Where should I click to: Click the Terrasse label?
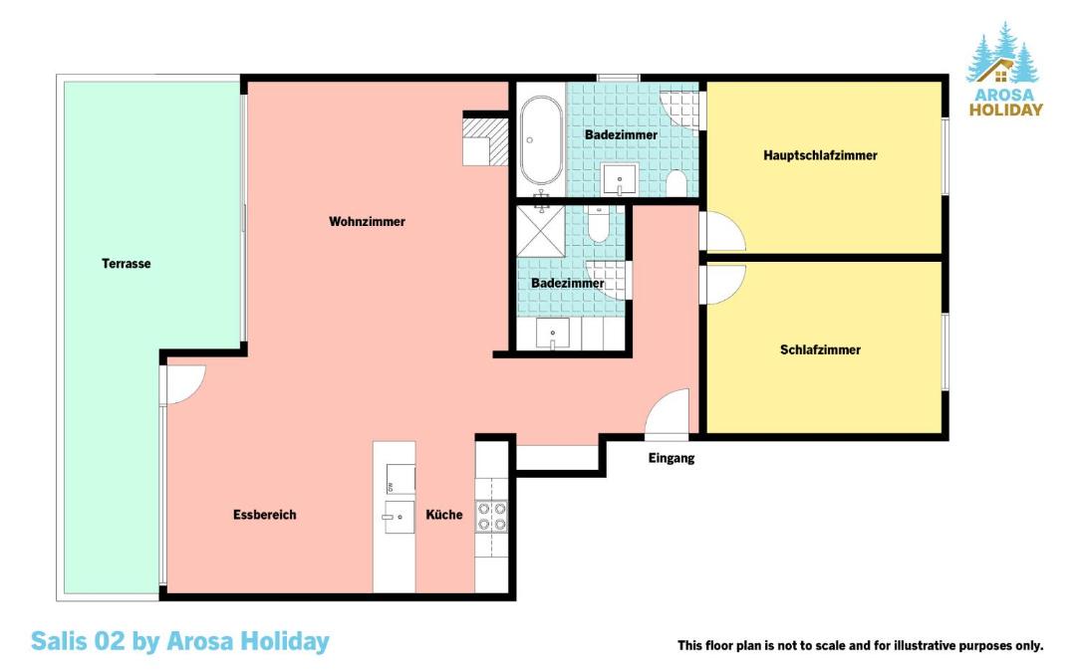pyautogui.click(x=127, y=263)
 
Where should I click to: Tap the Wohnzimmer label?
pyautogui.click(x=367, y=221)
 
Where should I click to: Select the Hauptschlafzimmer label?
pyautogui.click(x=820, y=155)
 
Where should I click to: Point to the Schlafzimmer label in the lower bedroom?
pyautogui.click(x=820, y=349)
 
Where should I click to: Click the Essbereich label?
pyautogui.click(x=265, y=515)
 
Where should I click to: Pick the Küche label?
pyautogui.click(x=444, y=515)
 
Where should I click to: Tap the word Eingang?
pyautogui.click(x=672, y=458)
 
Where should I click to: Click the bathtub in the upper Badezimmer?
pyautogui.click(x=541, y=140)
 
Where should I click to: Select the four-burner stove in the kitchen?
pyautogui.click(x=492, y=517)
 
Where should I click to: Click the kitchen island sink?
pyautogui.click(x=399, y=517)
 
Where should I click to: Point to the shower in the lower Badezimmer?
pyautogui.click(x=541, y=231)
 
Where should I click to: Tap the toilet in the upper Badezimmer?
pyautogui.click(x=676, y=183)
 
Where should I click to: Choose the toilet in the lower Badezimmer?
pyautogui.click(x=599, y=224)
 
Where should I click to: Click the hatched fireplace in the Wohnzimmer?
pyautogui.click(x=485, y=142)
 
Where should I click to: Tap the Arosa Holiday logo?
pyautogui.click(x=1005, y=70)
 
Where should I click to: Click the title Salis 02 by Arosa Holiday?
pyautogui.click(x=180, y=642)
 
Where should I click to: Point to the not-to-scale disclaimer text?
pyautogui.click(x=861, y=645)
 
